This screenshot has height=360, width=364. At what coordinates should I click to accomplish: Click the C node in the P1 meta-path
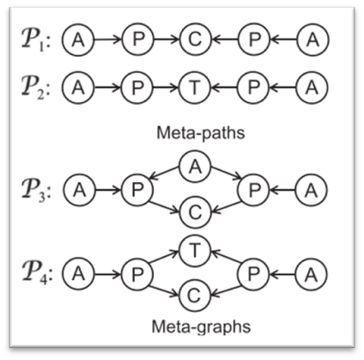click(195, 40)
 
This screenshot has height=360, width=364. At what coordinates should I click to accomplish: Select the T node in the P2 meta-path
click(195, 88)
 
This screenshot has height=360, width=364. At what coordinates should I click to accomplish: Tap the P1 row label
click(36, 40)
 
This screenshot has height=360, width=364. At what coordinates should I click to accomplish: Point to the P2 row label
click(36, 88)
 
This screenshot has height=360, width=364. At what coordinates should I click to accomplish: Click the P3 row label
click(36, 191)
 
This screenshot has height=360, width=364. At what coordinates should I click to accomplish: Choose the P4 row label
click(36, 274)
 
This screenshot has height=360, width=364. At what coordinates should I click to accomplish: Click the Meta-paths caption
click(201, 133)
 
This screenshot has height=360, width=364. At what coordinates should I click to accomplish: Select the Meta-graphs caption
click(201, 327)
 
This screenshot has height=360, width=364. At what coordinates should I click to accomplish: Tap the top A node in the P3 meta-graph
click(195, 167)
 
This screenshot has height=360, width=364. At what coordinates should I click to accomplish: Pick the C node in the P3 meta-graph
click(195, 212)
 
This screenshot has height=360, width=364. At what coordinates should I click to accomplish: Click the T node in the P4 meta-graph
click(195, 251)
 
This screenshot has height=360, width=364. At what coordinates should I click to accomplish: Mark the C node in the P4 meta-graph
click(194, 296)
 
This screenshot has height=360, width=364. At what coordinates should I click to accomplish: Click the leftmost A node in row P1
click(78, 40)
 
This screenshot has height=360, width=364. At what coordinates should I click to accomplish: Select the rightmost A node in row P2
click(312, 88)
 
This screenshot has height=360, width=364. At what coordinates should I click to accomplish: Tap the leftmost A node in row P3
click(80, 190)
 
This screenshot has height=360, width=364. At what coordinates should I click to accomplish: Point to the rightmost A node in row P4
click(311, 274)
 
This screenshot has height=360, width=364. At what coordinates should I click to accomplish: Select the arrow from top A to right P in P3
click(227, 174)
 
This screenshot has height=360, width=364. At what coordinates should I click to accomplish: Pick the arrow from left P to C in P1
click(167, 40)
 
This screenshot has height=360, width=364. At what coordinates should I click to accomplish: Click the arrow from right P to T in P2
click(225, 88)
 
